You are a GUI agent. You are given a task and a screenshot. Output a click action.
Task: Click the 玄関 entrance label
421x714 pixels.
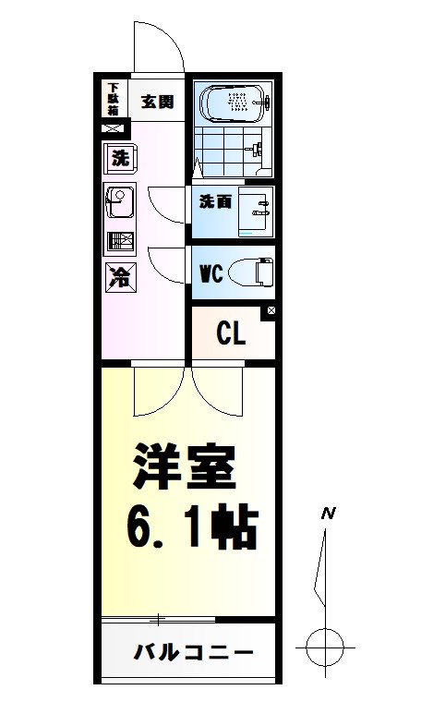click(157, 102)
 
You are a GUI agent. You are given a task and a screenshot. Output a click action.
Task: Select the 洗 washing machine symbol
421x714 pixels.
click(120, 158)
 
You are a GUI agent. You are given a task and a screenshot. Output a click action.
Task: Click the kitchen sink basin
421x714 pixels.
click(120, 200)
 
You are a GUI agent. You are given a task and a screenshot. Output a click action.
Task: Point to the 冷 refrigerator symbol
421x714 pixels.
click(120, 275)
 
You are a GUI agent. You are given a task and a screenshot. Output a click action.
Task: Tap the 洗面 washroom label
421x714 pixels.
click(215, 202)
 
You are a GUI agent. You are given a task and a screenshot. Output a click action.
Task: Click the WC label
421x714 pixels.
click(211, 275)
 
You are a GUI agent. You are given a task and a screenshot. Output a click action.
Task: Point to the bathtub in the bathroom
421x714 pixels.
click(235, 103)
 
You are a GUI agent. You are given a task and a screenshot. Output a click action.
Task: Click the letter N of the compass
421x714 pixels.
click(326, 512)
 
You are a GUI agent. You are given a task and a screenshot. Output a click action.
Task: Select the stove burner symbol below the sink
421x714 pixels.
click(120, 243)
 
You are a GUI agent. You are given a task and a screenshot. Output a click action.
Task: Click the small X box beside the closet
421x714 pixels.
click(271, 312)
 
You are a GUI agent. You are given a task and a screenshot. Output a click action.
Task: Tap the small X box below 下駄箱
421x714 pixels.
click(112, 128)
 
